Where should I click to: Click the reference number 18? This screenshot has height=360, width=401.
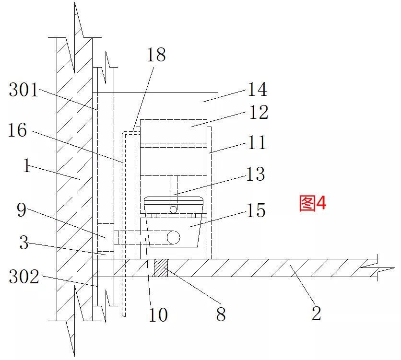coord(156,55)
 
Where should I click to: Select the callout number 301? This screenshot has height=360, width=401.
coord(24,90)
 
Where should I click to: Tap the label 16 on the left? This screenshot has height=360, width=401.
coord(17,130)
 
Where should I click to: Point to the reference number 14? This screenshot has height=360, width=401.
coord(258,89)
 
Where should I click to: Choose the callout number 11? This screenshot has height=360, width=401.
coord(257,142)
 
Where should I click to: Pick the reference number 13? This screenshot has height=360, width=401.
coord(256,174)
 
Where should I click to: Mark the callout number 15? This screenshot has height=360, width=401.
coord(256,210)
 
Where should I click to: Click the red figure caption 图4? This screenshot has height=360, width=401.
coord(313,203)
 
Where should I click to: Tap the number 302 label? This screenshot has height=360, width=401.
coord(24,277)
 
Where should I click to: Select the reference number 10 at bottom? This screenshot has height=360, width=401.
coord(158,314)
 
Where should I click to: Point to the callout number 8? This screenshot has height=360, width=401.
coord(221,314)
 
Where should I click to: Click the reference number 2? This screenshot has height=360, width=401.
coord(317,313)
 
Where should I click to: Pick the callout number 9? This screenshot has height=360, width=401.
coord(22,210)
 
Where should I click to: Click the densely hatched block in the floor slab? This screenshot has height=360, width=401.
coord(160,268)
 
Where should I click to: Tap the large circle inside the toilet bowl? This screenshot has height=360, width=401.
coord(173,237)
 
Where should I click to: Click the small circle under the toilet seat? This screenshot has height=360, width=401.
coord(173,209)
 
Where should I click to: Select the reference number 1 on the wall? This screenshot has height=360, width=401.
coord(27,165)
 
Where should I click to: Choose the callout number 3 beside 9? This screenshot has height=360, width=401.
coord(24,242)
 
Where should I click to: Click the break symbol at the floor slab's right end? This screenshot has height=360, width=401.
coord(377,268)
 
